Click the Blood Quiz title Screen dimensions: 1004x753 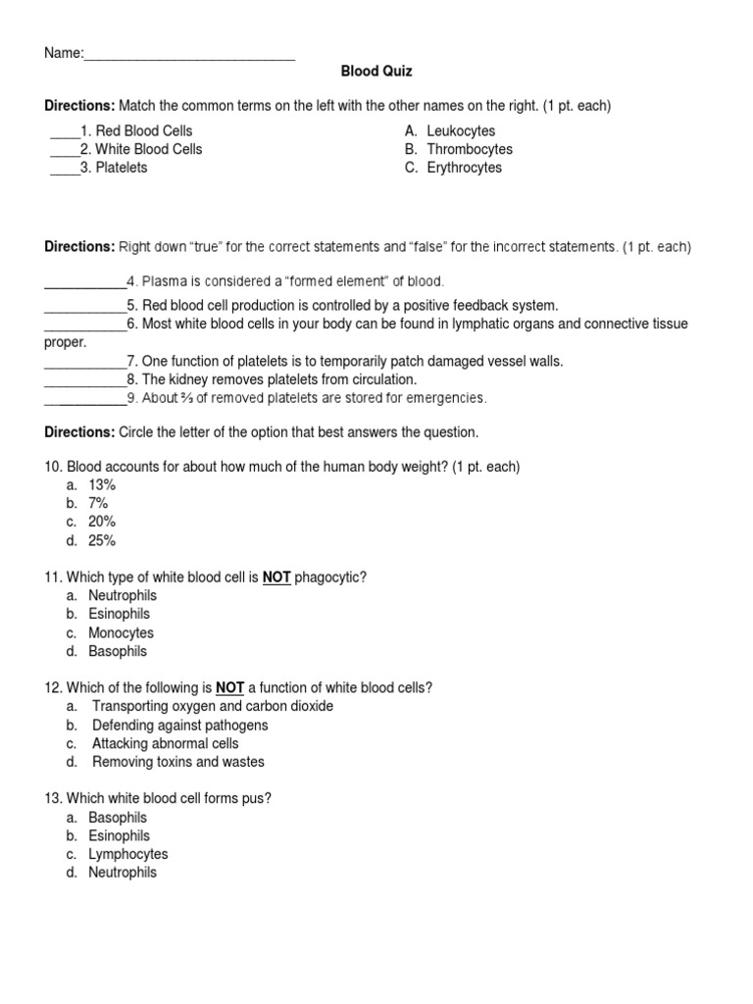376,72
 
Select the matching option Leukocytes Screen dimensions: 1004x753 461,130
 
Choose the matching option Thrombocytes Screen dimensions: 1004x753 470,149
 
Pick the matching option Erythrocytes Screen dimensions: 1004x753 464,168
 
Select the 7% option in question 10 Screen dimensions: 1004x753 98,503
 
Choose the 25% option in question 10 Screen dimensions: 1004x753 102,540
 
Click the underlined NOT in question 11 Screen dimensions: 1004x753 276,577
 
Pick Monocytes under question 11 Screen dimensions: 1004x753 121,632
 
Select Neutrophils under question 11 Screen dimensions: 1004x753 123,595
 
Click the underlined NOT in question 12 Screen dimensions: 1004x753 229,687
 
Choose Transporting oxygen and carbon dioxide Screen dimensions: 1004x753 213,706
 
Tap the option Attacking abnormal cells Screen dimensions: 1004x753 166,743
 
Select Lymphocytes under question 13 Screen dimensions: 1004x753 128,854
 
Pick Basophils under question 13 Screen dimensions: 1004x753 118,817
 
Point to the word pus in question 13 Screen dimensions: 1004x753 260,798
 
